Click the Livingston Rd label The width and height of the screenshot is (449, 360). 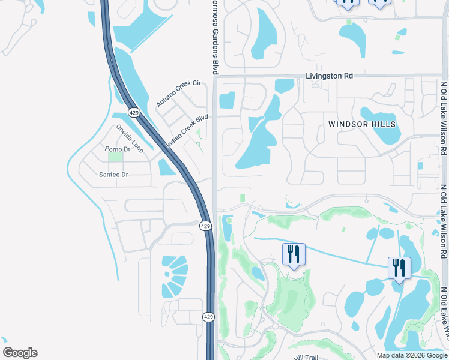click(329, 76)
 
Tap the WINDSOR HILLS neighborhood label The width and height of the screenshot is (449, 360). click(362, 124)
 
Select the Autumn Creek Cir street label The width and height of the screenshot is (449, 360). click(178, 94)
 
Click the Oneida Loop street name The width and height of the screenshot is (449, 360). click(130, 139)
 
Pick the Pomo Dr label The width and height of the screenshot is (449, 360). click(117, 149)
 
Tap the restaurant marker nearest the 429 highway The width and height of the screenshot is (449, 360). click(294, 255)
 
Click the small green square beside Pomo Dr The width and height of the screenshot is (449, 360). click(115, 157)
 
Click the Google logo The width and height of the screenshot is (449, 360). click(20, 353)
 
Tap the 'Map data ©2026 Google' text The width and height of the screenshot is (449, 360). click(411, 355)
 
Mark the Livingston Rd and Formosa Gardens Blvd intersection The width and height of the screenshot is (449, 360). click(215, 76)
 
